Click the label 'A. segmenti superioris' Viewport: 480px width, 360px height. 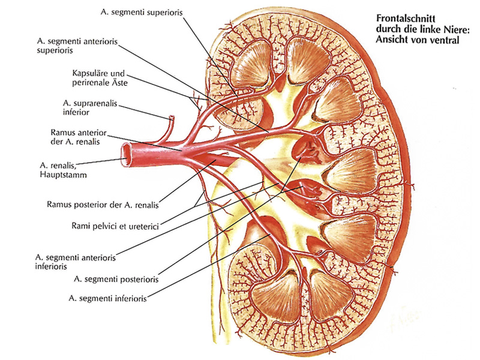click(142, 13)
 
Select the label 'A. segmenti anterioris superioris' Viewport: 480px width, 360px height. click(77, 46)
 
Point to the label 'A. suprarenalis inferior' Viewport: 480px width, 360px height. click(90, 108)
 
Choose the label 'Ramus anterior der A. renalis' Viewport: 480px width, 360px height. click(79, 137)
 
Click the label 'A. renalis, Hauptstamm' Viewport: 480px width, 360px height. click(63, 170)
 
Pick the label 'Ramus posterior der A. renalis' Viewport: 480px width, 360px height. click(103, 205)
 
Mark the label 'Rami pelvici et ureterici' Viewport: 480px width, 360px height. click(115, 226)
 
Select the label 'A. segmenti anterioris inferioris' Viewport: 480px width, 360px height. click(76, 262)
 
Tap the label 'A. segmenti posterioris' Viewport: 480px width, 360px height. click(116, 279)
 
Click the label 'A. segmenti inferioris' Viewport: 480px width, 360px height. click(107, 298)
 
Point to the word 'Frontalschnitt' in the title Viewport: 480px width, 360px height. click(406, 19)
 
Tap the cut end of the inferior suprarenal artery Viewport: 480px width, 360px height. click(172, 117)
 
